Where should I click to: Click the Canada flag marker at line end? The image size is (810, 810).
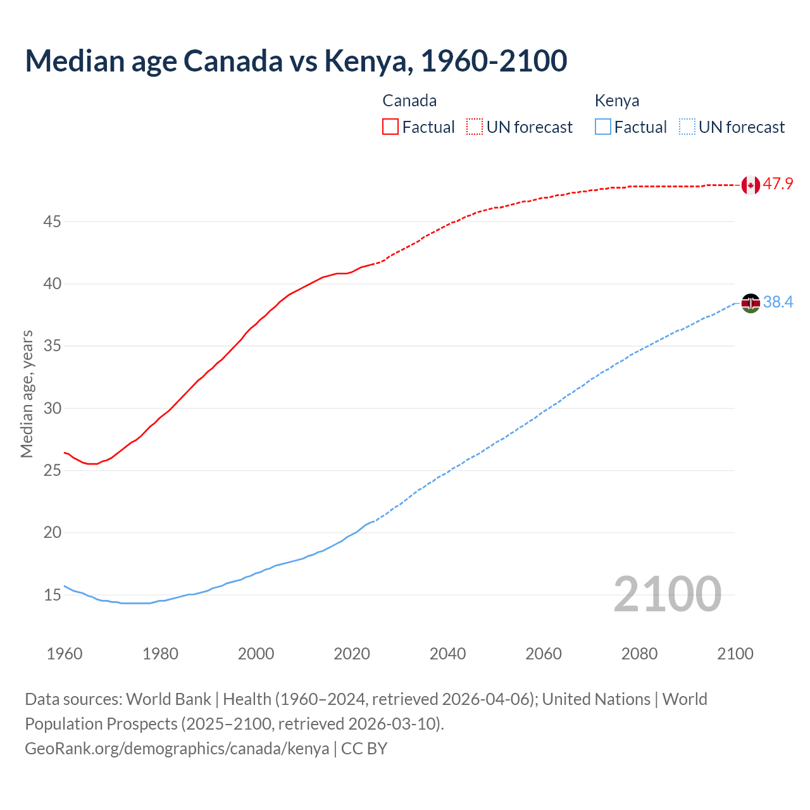coord(751,185)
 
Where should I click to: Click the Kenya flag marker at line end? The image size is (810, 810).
coord(751,303)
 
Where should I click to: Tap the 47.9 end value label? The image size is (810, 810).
coord(778,184)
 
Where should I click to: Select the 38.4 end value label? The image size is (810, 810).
coord(778,302)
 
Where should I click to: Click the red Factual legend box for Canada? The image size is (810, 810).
coord(390,127)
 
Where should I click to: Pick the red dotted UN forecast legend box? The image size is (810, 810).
coord(475,127)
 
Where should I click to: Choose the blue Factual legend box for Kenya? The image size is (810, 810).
coord(603,127)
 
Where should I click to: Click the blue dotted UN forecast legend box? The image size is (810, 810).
coord(687,127)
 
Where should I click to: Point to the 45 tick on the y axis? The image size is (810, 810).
coord(52,222)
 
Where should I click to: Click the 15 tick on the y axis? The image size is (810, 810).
coord(52,595)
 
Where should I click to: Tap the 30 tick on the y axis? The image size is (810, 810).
coord(52,408)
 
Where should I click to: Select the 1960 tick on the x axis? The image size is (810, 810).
coord(65,654)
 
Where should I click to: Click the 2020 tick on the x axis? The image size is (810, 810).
coord(352,654)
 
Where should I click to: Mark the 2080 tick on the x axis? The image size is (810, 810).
coord(639,654)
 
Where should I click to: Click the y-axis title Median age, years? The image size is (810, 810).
coord(27,394)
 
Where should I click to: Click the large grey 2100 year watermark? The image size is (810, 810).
coord(667,594)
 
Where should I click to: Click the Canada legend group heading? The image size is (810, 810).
coord(409,101)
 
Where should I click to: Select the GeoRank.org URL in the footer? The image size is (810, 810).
coord(177,749)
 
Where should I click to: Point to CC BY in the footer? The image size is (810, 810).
coord(364,749)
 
